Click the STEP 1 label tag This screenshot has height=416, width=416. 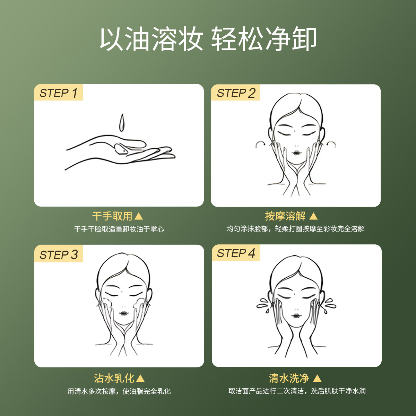pos(58,93)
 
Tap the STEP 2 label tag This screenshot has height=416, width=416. pos(236,93)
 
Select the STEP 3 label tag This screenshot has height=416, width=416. pos(59,254)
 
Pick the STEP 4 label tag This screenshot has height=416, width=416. pos(236,253)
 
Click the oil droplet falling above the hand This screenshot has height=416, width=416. pos(121,123)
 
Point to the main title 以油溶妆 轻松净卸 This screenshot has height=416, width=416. pos(208,38)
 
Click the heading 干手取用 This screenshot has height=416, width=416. pos(112,216)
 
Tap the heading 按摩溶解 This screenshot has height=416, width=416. pos(285,216)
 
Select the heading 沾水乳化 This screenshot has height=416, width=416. pos(114,378)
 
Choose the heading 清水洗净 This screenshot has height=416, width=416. pos(289,378)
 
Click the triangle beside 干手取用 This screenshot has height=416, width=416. pos(139,216)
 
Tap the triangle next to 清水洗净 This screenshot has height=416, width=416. pos(317,378)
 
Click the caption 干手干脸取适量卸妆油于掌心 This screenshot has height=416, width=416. pos(119,229)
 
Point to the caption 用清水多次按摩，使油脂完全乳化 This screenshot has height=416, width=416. pos(119,391)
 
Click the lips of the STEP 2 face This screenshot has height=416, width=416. pos(297,153)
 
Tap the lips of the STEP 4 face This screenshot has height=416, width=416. pos(296,316)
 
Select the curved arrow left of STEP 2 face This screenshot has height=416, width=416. pos(260,144)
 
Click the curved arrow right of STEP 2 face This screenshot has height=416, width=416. pos(331,144)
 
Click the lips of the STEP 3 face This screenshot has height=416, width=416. pos(124,313)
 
